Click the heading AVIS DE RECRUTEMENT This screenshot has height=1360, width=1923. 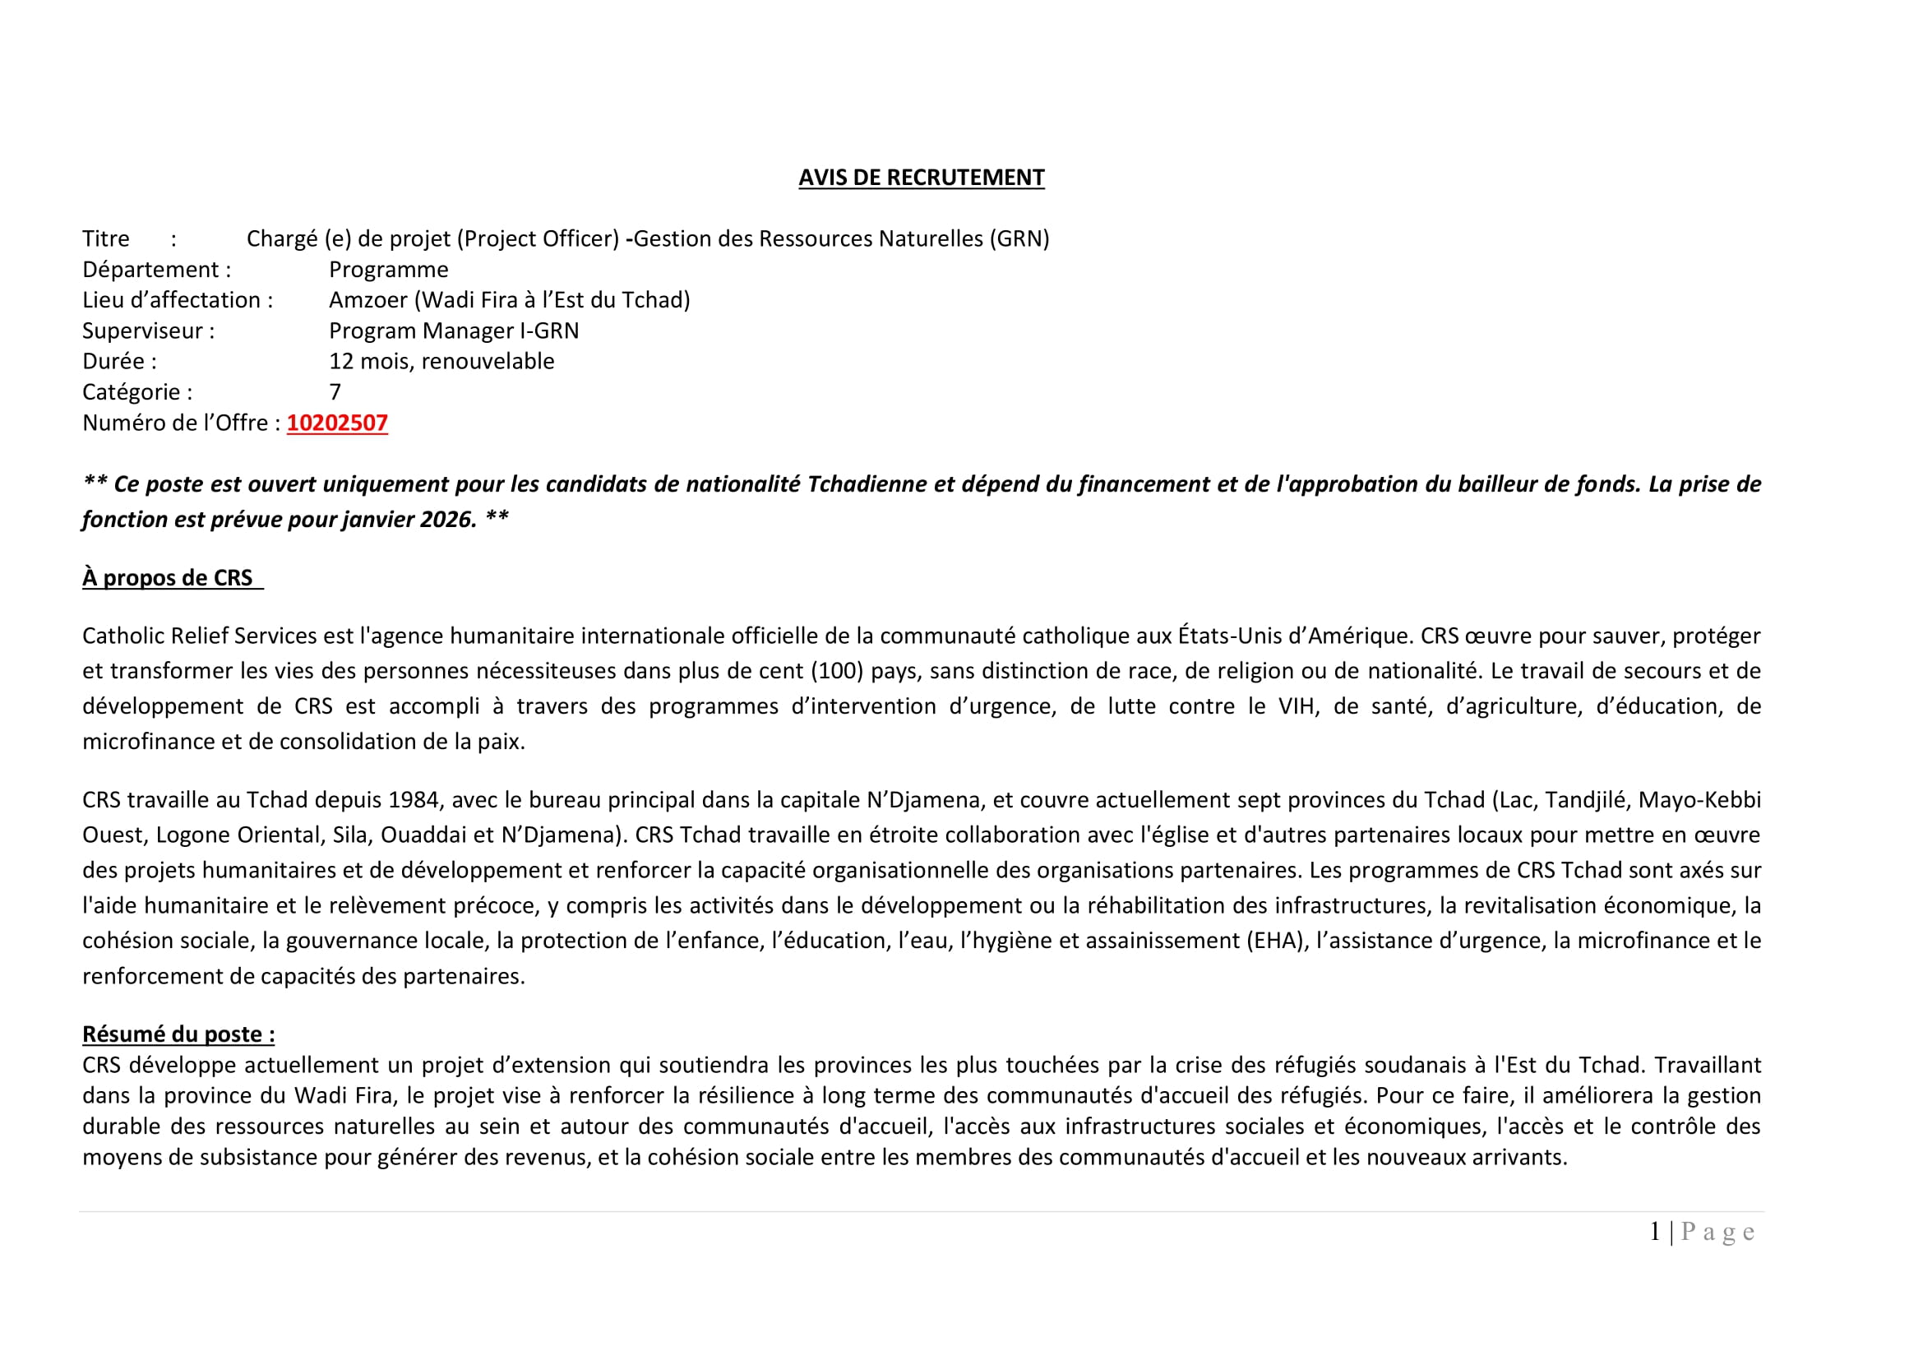(x=922, y=178)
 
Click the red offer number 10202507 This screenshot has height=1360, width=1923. (x=337, y=423)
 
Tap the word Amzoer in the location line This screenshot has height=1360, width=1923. (x=367, y=300)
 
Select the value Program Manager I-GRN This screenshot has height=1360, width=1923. (x=453, y=331)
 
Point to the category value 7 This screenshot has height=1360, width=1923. (x=335, y=392)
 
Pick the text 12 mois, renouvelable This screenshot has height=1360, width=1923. (x=441, y=361)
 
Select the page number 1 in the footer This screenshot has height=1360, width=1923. (x=1655, y=1232)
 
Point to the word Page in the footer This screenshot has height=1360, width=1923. (x=1717, y=1232)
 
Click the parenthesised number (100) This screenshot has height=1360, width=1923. (x=838, y=671)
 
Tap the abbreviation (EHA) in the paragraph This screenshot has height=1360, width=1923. (x=1278, y=941)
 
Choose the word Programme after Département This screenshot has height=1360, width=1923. (x=389, y=270)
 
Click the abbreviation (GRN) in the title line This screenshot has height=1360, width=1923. (x=1019, y=238)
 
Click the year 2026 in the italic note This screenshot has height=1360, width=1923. (x=448, y=519)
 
